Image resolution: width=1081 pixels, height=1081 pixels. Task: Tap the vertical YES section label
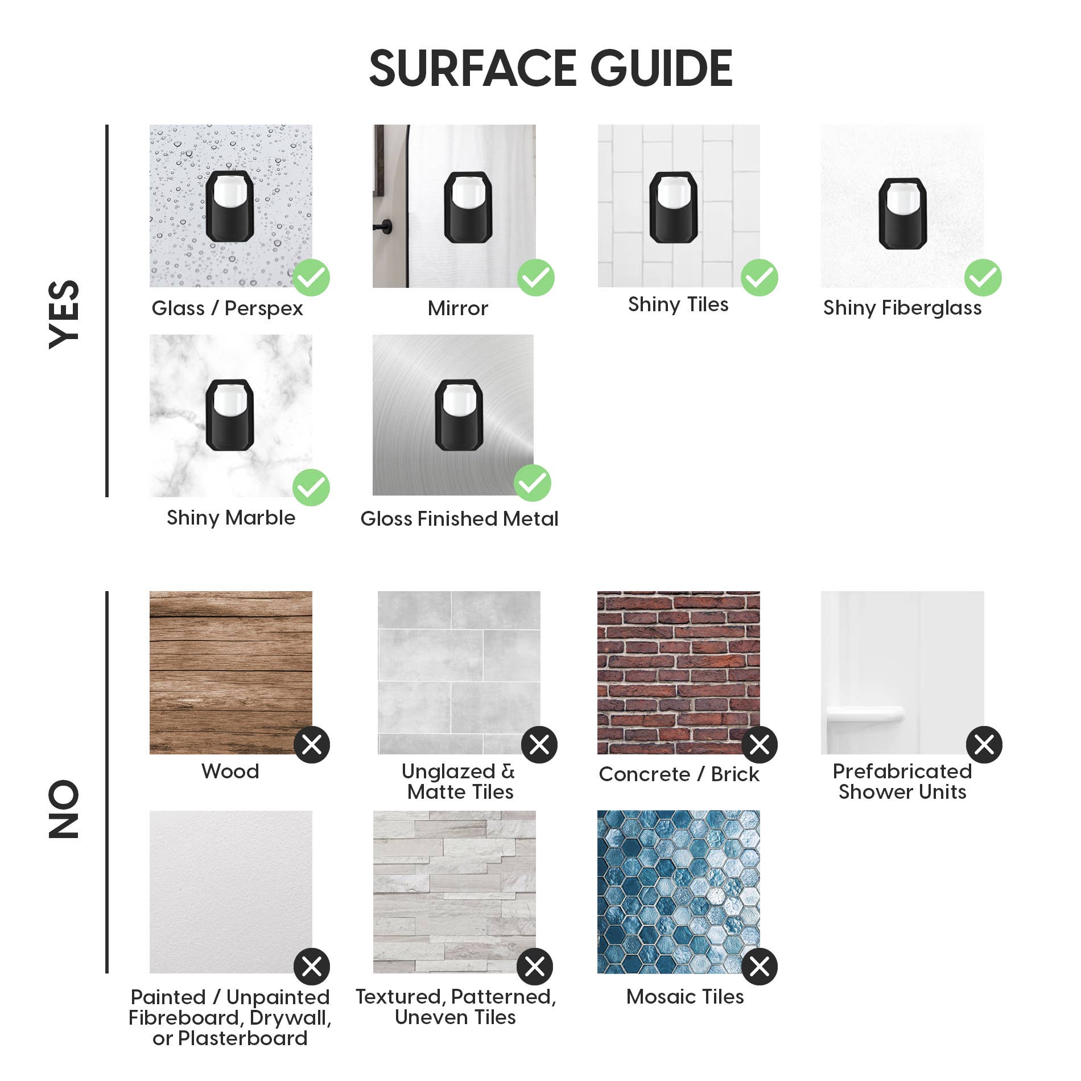[64, 314]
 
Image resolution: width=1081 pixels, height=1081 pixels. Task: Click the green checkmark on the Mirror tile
[536, 278]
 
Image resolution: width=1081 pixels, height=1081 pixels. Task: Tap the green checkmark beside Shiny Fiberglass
[983, 278]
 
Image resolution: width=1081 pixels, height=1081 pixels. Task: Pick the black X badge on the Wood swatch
[312, 744]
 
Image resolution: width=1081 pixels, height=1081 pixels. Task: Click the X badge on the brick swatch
[760, 744]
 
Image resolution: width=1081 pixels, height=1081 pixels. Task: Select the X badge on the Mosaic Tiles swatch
[760, 966]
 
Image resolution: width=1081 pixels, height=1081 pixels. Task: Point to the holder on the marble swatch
[230, 415]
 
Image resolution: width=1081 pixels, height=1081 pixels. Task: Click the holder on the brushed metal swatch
[459, 415]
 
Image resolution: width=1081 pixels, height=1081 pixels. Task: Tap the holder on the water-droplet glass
[230, 206]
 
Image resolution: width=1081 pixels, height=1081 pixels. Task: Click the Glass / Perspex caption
[228, 308]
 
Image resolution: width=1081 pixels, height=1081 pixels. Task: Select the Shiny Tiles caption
[678, 305]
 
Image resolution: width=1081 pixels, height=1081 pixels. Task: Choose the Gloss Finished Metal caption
[459, 518]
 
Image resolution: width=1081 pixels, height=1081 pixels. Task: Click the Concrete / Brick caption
[679, 774]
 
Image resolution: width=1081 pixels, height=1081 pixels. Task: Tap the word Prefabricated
[902, 771]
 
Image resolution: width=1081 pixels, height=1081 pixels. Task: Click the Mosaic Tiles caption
[685, 996]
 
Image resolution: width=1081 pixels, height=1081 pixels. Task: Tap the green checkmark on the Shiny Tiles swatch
[760, 278]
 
